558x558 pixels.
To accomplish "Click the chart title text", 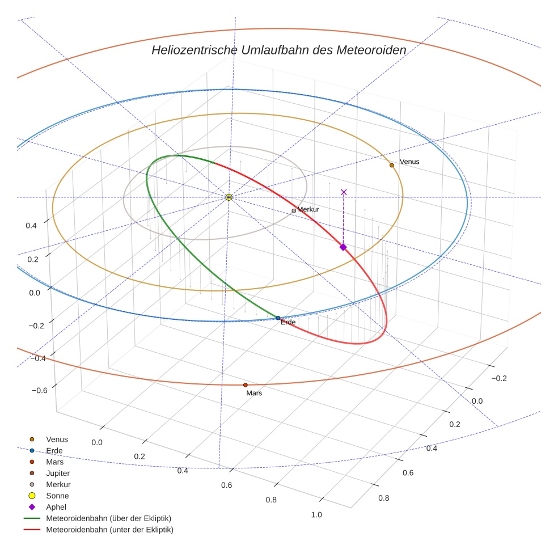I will coord(278,50).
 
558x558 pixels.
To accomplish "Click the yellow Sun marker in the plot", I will coord(229,197).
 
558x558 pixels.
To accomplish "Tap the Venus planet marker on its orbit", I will coord(391,165).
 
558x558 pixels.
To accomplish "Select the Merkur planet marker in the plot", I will coord(294,211).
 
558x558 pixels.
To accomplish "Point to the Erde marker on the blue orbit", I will coord(278,318).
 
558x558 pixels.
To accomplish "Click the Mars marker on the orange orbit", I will coord(246,385).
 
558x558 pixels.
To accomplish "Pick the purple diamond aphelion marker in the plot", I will coord(343,247).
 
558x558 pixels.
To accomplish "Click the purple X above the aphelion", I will coord(344,192).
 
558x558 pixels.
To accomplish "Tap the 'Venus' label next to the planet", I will coord(409,162).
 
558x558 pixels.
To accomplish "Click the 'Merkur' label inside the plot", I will coord(308,210).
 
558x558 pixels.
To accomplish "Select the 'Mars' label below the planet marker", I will coord(254,393).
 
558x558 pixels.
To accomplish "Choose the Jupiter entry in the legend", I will coord(58,473).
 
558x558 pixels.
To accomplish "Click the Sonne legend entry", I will coord(57,496).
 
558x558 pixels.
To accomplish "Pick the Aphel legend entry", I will coord(56,507).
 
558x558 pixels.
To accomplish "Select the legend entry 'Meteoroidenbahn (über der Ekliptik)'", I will coord(108,518).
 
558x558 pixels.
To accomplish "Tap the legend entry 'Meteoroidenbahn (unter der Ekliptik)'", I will coord(109,530).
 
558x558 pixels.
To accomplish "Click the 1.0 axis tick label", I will coord(316,515).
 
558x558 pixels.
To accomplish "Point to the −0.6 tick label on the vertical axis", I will coord(39,391).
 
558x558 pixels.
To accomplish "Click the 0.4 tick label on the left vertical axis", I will coord(31,225).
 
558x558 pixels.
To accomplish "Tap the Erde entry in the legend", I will coord(54,450).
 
